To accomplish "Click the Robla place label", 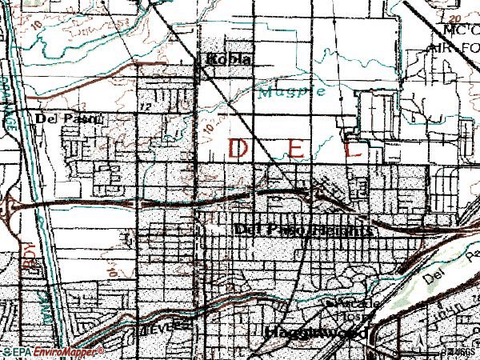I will (x=229, y=58).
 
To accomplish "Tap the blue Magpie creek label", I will (x=291, y=91).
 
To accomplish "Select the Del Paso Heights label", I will (x=304, y=230).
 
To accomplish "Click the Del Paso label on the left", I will (x=66, y=118).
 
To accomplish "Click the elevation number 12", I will (x=144, y=106).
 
